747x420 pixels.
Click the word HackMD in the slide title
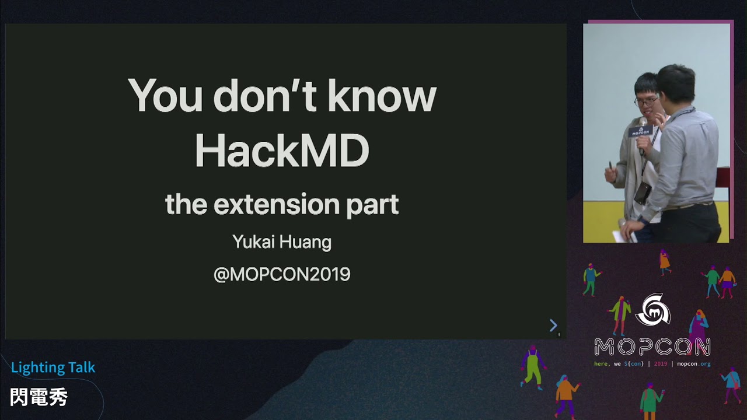coord(282,150)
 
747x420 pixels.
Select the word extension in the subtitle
coord(276,205)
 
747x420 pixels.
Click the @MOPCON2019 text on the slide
coord(282,274)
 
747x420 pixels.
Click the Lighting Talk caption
coord(53,367)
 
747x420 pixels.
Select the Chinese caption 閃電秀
coord(39,397)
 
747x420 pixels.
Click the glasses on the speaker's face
coord(646,101)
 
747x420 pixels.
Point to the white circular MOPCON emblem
coord(652,310)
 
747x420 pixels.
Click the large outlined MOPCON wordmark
coord(652,347)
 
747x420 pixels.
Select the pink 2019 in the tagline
coord(661,364)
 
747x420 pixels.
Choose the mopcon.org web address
coord(693,364)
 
